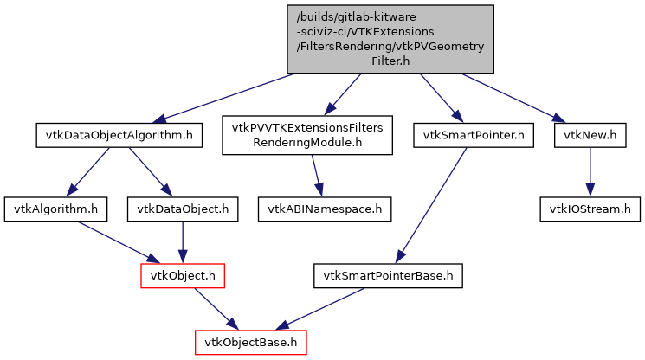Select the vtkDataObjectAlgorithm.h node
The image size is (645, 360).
[x=119, y=135]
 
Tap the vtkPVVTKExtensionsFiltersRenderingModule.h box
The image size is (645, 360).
[x=307, y=135]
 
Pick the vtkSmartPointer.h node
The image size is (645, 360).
[x=474, y=135]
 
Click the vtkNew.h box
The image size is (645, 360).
[x=590, y=135]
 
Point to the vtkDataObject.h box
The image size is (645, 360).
[x=183, y=209]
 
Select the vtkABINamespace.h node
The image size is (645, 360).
[x=324, y=209]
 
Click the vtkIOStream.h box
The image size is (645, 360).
[x=590, y=209]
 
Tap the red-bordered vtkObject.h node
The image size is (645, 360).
[x=183, y=276]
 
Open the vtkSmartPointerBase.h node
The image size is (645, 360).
[x=388, y=276]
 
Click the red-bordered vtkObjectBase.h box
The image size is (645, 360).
[x=251, y=343]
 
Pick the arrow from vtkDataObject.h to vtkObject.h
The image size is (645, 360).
[x=183, y=241]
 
